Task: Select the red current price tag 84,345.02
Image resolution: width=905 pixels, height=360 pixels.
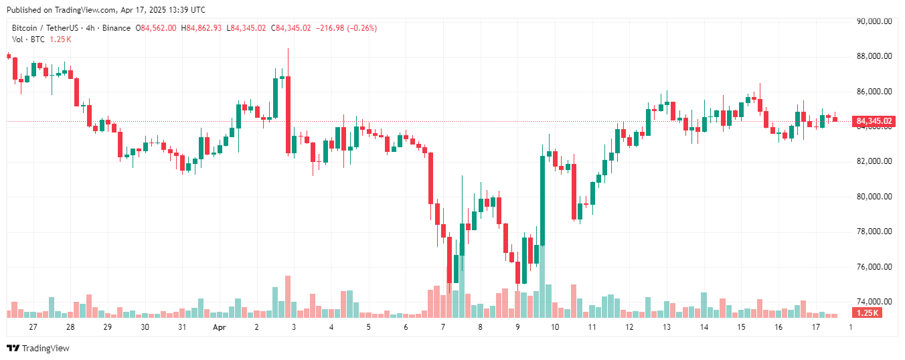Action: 874,121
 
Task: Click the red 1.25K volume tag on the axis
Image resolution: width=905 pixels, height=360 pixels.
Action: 867,313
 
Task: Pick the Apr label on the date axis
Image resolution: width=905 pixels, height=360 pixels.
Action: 219,327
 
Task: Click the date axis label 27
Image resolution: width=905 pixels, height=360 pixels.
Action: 33,327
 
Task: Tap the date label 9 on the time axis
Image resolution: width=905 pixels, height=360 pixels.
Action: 517,327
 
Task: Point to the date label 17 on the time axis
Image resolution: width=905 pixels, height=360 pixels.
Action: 816,327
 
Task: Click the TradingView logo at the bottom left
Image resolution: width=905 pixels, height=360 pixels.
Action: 38,348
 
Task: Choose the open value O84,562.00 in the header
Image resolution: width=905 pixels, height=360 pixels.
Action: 156,28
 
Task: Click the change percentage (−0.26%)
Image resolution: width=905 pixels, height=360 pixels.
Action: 361,28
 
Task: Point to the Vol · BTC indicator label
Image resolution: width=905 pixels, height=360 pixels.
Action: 29,39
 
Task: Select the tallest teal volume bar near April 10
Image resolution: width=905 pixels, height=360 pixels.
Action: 542,281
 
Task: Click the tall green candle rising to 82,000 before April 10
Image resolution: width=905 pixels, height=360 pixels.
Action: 542,201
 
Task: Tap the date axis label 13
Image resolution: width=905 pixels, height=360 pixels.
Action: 667,327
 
